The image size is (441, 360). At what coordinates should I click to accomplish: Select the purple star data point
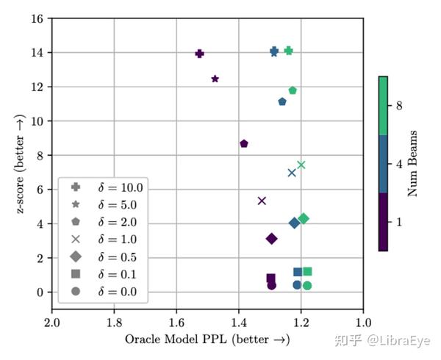pyautogui.click(x=215, y=79)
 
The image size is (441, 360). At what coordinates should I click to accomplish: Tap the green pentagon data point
pyautogui.click(x=293, y=90)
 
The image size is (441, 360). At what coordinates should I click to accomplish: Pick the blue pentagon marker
pyautogui.click(x=282, y=101)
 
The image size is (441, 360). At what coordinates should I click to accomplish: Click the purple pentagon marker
pyautogui.click(x=244, y=144)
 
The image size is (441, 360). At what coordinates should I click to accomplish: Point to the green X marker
pyautogui.click(x=301, y=165)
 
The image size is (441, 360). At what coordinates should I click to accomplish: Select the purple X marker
pyautogui.click(x=262, y=201)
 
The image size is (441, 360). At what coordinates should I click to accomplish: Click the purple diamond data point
pyautogui.click(x=271, y=239)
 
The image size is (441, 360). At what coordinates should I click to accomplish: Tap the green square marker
pyautogui.click(x=307, y=272)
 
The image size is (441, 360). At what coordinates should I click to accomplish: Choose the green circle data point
pyautogui.click(x=307, y=286)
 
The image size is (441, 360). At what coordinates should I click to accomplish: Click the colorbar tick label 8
pyautogui.click(x=399, y=106)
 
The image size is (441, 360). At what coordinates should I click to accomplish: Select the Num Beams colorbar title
pyautogui.click(x=414, y=163)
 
